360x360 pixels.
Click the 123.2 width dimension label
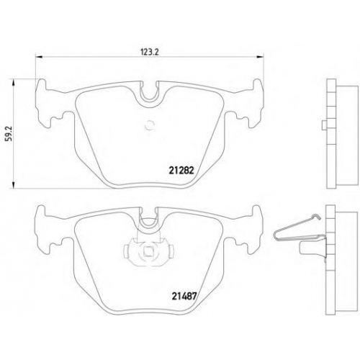(150, 52)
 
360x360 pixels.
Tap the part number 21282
(181, 171)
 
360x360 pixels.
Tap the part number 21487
(184, 296)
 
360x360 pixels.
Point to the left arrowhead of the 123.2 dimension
(39, 57)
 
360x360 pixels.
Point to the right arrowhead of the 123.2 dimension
(260, 57)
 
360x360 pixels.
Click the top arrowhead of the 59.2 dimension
(13, 84)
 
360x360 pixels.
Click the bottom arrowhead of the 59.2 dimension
(13, 185)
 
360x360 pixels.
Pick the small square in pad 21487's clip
(148, 251)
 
